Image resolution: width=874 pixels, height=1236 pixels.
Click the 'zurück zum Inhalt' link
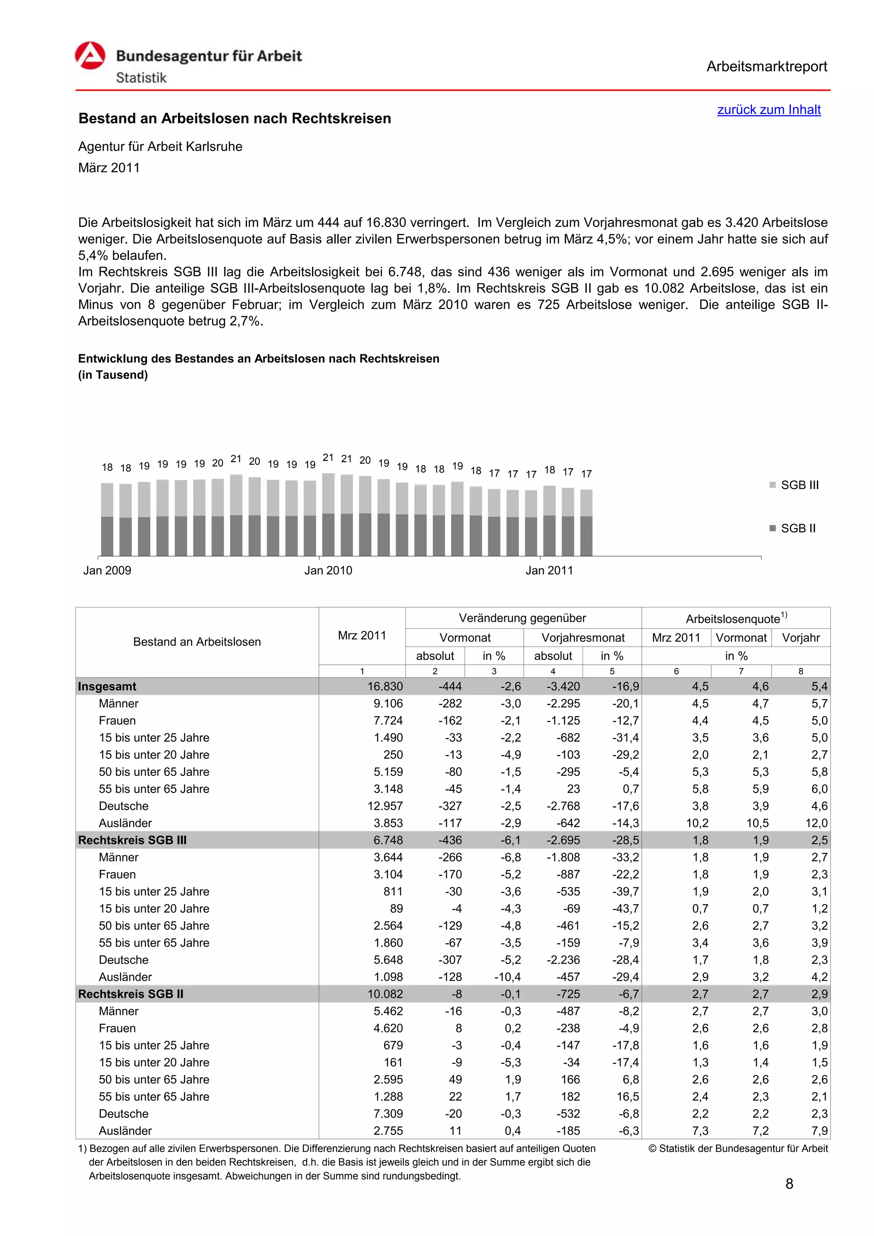[769, 110]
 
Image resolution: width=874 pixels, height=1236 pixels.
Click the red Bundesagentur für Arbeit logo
[90, 55]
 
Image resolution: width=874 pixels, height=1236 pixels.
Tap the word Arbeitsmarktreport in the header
[766, 67]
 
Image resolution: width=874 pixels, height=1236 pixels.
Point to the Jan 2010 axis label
[328, 570]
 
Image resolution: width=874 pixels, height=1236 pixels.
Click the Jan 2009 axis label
[107, 570]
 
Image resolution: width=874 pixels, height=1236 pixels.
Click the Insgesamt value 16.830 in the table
[385, 686]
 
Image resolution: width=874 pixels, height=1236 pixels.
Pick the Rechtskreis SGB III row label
[132, 840]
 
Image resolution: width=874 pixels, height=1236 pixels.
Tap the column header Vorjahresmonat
[583, 638]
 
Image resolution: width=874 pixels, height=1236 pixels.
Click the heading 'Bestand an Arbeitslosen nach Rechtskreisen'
[235, 118]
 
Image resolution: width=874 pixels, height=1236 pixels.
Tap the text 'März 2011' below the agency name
[109, 168]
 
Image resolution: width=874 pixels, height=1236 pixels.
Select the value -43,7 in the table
[625, 909]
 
